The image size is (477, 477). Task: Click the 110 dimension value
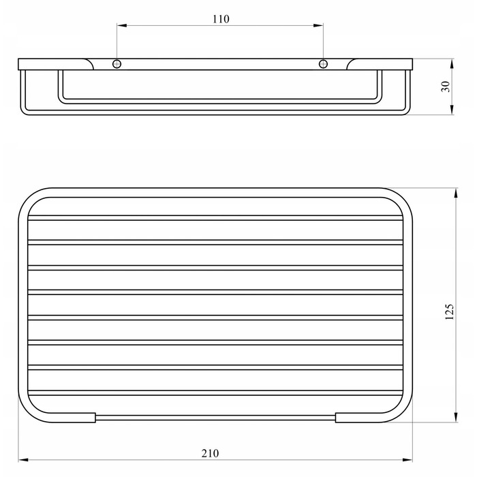pyautogui.click(x=221, y=19)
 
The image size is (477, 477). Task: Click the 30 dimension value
pyautogui.click(x=446, y=87)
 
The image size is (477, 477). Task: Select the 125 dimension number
pyautogui.click(x=449, y=312)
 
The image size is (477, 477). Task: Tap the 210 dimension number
pyautogui.click(x=210, y=454)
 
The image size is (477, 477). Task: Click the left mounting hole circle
pyautogui.click(x=117, y=64)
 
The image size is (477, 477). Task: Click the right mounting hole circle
pyautogui.click(x=323, y=64)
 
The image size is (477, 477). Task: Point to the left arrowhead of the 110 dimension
pyautogui.click(x=122, y=26)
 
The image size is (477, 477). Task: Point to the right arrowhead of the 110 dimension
pyautogui.click(x=318, y=26)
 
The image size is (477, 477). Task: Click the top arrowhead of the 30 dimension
pyautogui.click(x=452, y=63)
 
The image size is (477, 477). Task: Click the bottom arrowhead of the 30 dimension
pyautogui.click(x=452, y=110)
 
